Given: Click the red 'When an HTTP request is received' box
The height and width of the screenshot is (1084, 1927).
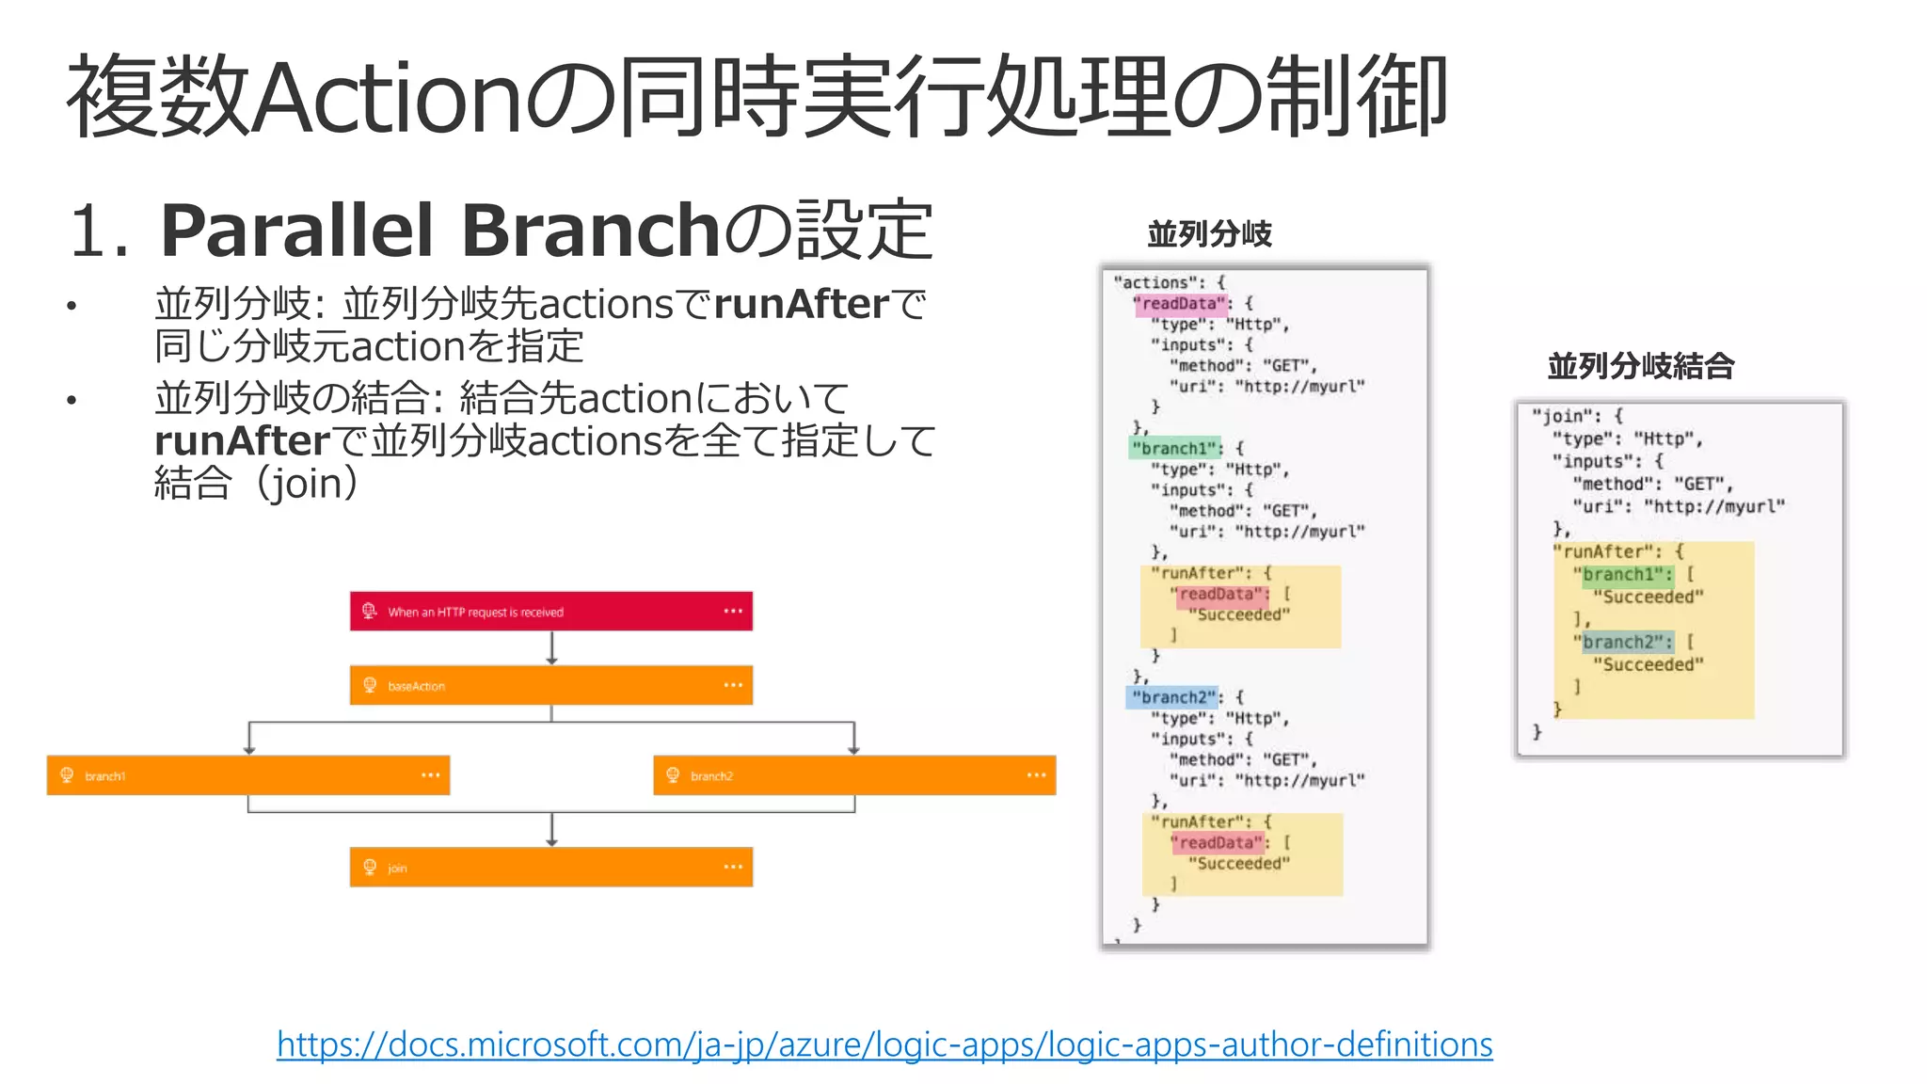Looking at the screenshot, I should coord(550,612).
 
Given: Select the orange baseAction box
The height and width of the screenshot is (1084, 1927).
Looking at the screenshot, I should coord(550,686).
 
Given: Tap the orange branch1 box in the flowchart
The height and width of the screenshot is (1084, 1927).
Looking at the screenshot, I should coord(247,775).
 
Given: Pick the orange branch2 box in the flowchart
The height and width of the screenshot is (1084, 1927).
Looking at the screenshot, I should coord(853,775).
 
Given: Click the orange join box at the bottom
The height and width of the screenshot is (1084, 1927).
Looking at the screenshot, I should coord(550,867).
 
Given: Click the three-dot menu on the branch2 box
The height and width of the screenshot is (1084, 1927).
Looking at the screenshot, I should coord(1036,775).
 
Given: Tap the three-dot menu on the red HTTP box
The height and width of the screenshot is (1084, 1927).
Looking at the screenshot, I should coord(733,612).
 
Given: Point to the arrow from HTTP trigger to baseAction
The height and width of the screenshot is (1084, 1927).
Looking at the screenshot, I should coord(552,648).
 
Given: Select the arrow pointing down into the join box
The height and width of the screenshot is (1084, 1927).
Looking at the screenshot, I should coord(552,830).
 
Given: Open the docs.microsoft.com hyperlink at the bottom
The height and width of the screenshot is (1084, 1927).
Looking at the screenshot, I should coord(884,1044).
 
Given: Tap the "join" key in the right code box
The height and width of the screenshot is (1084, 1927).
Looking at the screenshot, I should coord(1563,416).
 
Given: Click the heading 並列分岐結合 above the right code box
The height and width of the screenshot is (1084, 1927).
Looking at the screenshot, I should coord(1641,366).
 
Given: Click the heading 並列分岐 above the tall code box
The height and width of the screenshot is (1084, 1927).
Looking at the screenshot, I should coord(1210,234).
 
